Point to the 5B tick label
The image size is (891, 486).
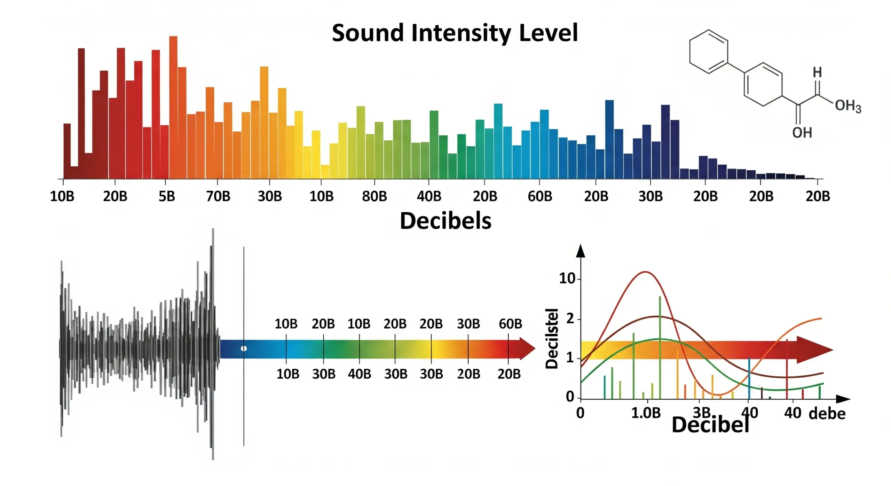tap(167, 197)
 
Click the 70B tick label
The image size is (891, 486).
tap(218, 197)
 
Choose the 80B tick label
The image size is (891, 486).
tap(374, 197)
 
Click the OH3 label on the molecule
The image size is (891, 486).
tap(848, 105)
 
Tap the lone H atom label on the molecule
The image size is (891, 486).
tap(817, 72)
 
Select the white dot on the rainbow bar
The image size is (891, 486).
tap(244, 348)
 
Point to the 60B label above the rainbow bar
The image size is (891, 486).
tap(510, 324)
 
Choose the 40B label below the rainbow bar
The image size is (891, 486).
tap(360, 374)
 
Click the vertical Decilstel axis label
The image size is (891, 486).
tap(552, 338)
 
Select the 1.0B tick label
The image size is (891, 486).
tap(646, 413)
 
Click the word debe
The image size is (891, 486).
tap(827, 414)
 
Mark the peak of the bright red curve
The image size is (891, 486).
tap(645, 272)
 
